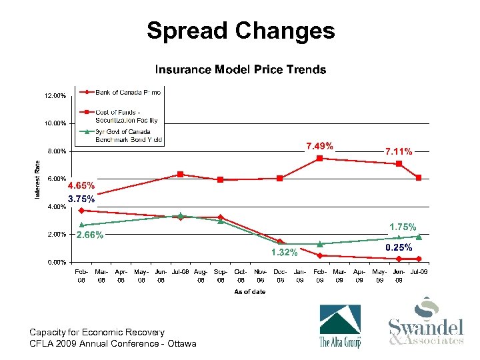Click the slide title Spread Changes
pyautogui.click(x=240, y=31)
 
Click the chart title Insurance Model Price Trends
pyautogui.click(x=241, y=69)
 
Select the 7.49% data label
pyautogui.click(x=320, y=146)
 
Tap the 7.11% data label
pyautogui.click(x=399, y=151)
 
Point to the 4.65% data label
pyautogui.click(x=81, y=185)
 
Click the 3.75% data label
pyautogui.click(x=81, y=199)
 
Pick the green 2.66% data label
pyautogui.click(x=89, y=235)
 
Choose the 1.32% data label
pyautogui.click(x=283, y=252)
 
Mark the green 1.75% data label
pyautogui.click(x=403, y=227)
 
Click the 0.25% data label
pyautogui.click(x=399, y=247)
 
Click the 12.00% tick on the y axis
pyautogui.click(x=55, y=96)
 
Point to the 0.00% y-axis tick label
pyautogui.click(x=56, y=262)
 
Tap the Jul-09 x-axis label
pyautogui.click(x=419, y=273)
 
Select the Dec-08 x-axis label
pyautogui.click(x=280, y=276)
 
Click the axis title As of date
pyautogui.click(x=249, y=292)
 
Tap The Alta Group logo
pyautogui.click(x=340, y=326)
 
